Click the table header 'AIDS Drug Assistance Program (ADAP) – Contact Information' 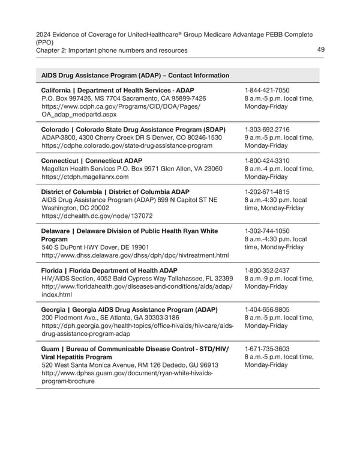click(135, 76)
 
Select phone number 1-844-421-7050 click(267, 89)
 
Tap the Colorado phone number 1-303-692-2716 click(267, 130)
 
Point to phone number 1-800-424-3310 click(267, 161)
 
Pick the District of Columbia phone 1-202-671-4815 click(267, 192)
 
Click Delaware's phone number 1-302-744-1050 click(267, 231)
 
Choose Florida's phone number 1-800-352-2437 click(267, 270)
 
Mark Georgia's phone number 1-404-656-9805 click(267, 310)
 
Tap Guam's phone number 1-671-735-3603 click(267, 349)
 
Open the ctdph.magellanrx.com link click(85, 177)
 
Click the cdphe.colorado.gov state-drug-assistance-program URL click(127, 146)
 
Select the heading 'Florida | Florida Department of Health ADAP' click(109, 270)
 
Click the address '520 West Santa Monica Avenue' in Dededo click(130, 365)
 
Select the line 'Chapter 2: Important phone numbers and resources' click(112, 50)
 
